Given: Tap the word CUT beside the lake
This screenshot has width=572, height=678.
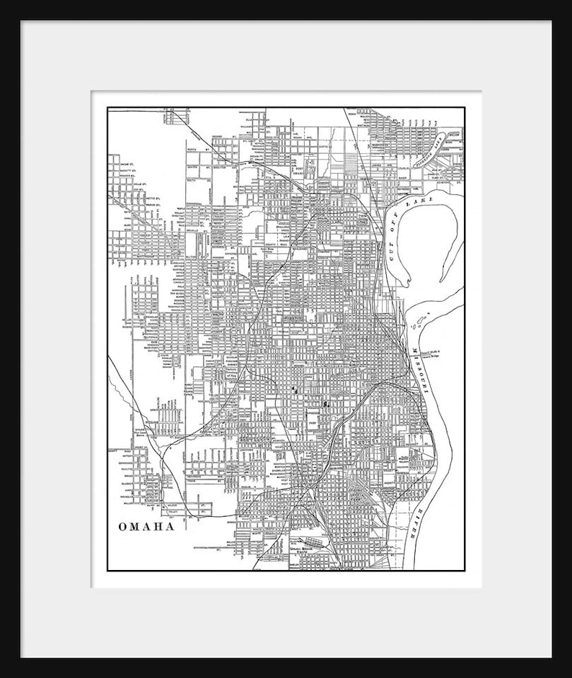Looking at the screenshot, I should [x=394, y=248].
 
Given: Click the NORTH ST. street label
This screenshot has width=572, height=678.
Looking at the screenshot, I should [x=196, y=150].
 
